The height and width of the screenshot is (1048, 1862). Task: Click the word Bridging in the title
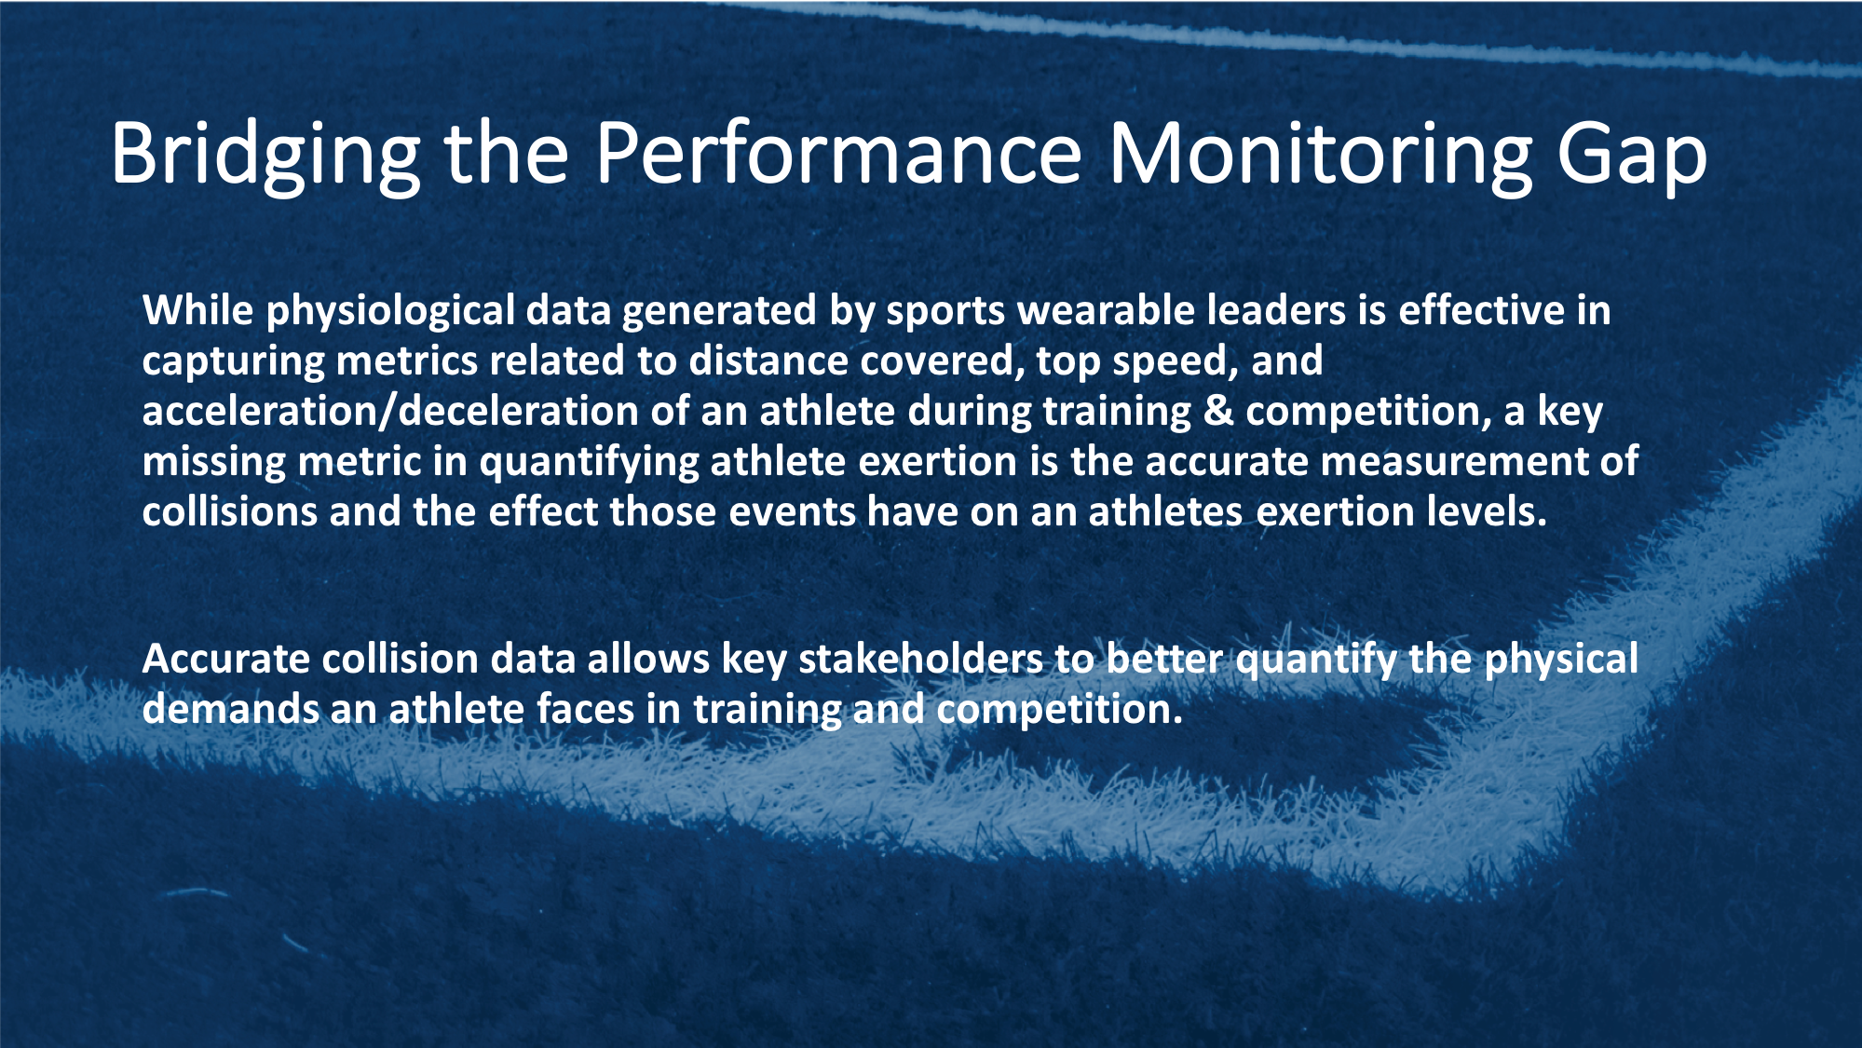click(x=265, y=154)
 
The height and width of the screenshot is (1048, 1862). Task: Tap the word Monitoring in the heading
click(x=1320, y=154)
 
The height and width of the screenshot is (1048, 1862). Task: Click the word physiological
click(x=390, y=311)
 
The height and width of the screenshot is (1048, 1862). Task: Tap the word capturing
click(x=233, y=361)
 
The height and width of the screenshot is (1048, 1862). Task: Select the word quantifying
click(x=589, y=462)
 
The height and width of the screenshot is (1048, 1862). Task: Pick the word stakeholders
click(x=920, y=659)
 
